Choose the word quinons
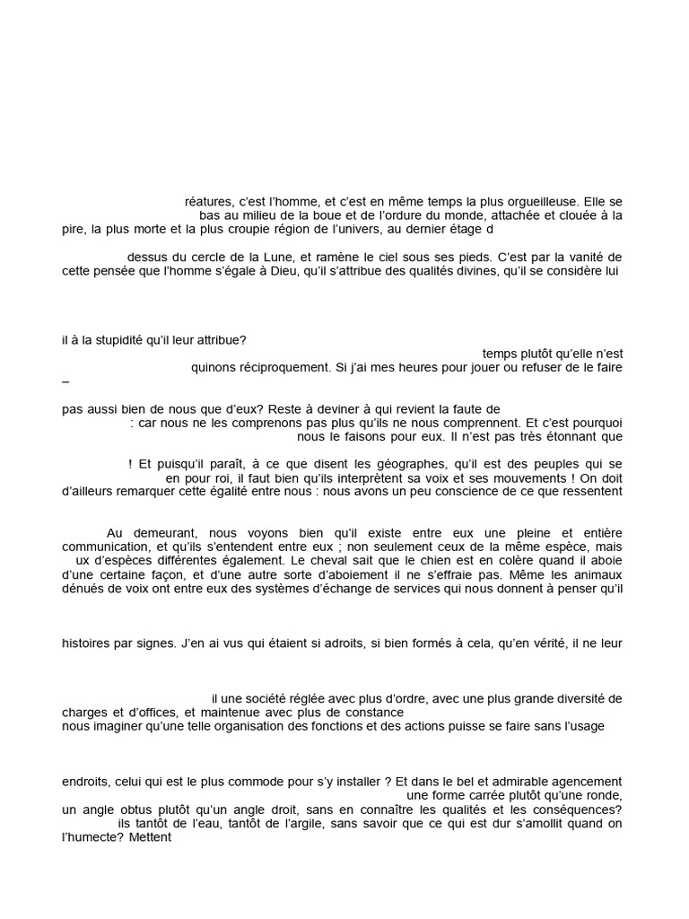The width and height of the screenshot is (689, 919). tap(214, 366)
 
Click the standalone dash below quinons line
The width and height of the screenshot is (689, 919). tap(65, 381)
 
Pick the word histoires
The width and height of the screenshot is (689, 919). tap(89, 643)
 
